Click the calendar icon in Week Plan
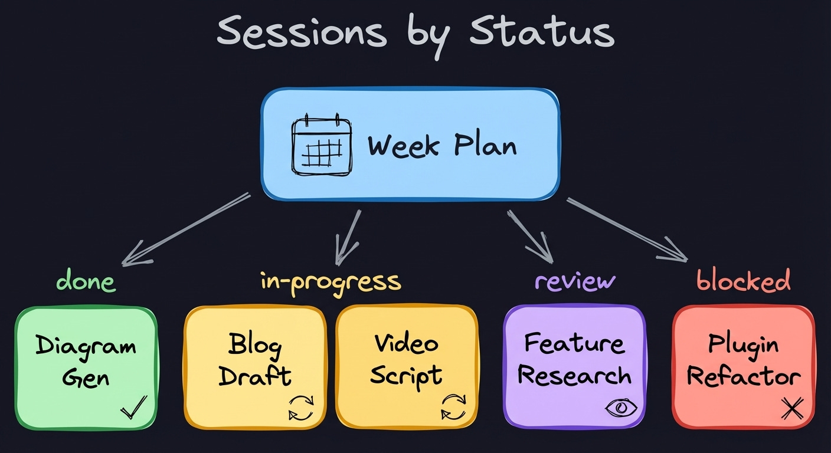click(322, 145)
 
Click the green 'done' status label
click(86, 281)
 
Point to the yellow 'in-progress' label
click(331, 281)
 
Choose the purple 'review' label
click(575, 281)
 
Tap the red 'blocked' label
click(743, 281)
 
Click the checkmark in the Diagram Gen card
click(133, 406)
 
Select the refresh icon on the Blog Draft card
click(301, 408)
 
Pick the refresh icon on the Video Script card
click(453, 408)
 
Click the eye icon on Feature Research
click(621, 407)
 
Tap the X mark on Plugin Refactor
click(791, 408)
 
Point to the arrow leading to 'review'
click(529, 235)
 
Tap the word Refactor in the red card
click(744, 376)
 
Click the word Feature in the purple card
click(574, 343)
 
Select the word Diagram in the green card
click(86, 346)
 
